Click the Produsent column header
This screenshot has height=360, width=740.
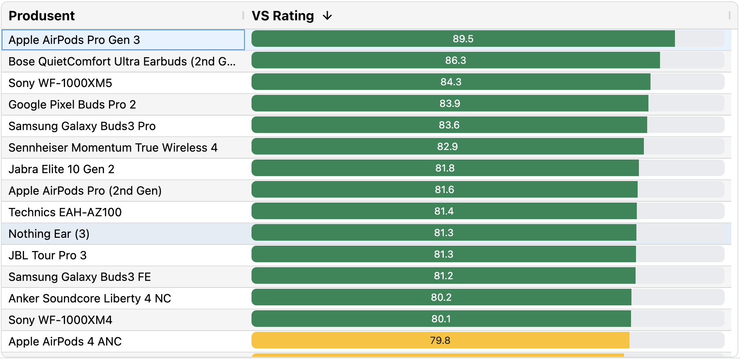coord(42,16)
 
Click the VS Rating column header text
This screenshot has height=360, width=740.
coord(283,16)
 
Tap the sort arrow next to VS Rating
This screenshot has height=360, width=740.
coord(327,16)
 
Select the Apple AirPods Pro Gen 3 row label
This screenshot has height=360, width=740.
coord(74,40)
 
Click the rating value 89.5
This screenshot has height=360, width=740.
coord(463,39)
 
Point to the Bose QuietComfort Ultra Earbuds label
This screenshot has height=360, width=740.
coord(122,61)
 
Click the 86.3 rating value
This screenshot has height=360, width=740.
coord(455,60)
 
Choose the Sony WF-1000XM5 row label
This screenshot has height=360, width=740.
coord(60,83)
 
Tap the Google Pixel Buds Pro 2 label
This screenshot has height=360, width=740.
coord(72,104)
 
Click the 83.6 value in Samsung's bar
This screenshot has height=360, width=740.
coord(449,125)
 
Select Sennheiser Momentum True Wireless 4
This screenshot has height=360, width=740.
coord(113,147)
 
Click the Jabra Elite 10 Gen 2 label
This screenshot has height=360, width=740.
coord(61,169)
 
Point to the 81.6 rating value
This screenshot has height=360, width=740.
coord(444,190)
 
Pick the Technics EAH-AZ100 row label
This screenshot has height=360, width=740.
coord(65,212)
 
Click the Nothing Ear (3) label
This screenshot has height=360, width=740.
coord(49,234)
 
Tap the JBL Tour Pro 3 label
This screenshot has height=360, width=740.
coord(48,255)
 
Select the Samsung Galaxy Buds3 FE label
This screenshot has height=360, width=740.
coord(80,277)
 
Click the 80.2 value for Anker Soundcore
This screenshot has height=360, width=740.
coord(441,297)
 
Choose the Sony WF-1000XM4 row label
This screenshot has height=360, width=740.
coord(60,320)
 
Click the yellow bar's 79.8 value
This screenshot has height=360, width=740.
coord(440,341)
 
